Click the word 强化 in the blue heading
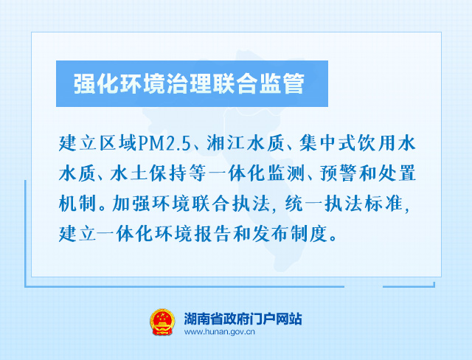tap(97, 83)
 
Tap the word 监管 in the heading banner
tap(280, 83)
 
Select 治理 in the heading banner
tap(189, 83)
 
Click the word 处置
tap(398, 173)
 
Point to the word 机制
tap(77, 204)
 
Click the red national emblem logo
tap(162, 322)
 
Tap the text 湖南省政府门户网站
tap(243, 319)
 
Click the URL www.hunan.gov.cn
tap(220, 332)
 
